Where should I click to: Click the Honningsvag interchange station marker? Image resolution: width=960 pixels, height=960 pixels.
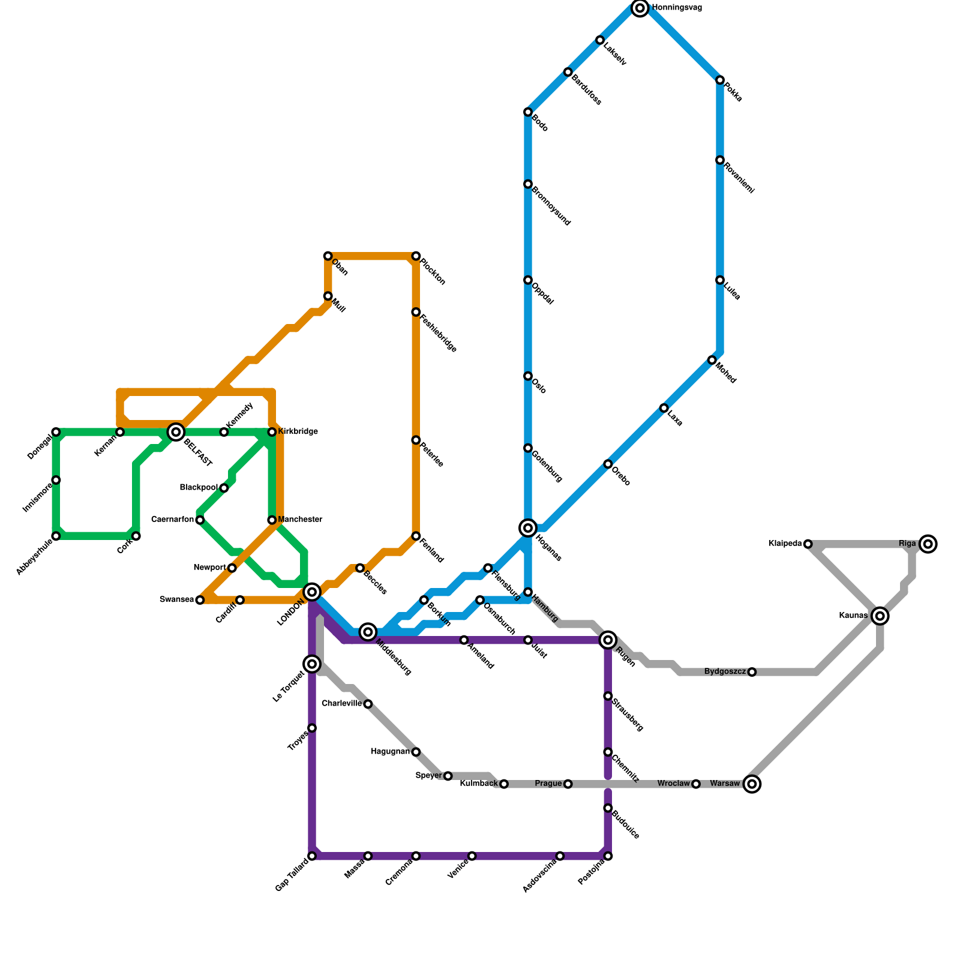(x=640, y=8)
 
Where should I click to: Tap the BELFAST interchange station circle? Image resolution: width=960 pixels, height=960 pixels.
(x=176, y=432)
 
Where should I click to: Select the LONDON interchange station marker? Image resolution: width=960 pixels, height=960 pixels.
(x=312, y=592)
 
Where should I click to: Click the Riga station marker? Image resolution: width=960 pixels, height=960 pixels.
(x=928, y=544)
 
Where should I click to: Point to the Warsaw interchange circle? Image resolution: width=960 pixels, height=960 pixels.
(x=752, y=784)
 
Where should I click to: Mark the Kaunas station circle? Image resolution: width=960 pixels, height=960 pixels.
(x=880, y=616)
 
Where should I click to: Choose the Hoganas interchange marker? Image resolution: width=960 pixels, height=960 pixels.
(x=528, y=528)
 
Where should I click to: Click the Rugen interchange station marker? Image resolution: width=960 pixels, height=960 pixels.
(x=608, y=640)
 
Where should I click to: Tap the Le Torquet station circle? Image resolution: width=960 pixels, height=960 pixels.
(x=312, y=664)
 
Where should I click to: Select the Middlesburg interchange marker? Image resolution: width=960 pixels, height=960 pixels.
(x=368, y=632)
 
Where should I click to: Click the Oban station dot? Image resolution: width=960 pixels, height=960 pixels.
(x=328, y=256)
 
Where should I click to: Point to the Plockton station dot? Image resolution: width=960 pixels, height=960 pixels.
(x=416, y=256)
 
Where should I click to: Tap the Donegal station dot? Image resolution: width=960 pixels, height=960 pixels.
(x=56, y=432)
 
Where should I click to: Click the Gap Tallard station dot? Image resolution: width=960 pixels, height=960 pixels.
(x=312, y=856)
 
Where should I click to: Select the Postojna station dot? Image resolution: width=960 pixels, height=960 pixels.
(x=608, y=856)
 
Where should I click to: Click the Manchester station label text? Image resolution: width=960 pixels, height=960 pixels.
(x=300, y=520)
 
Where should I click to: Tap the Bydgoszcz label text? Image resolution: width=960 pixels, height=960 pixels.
(x=725, y=671)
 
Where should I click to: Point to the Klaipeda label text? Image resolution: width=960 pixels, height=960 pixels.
(x=785, y=544)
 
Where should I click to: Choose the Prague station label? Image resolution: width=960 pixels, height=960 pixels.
(x=548, y=784)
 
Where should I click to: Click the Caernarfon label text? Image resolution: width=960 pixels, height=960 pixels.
(x=173, y=520)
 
